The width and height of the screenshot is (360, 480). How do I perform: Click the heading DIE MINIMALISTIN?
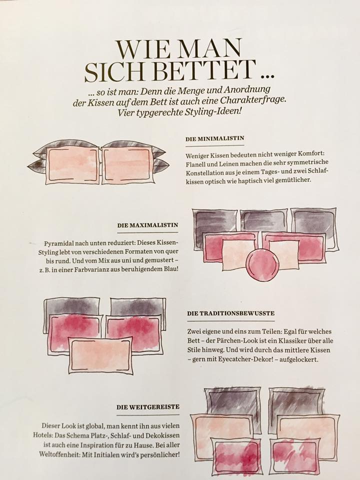click(x=214, y=138)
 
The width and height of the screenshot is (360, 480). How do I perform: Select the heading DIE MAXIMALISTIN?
click(x=148, y=225)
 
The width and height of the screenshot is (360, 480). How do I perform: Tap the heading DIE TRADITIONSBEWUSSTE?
click(x=231, y=313)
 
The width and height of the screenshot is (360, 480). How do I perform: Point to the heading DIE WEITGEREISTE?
click(x=148, y=407)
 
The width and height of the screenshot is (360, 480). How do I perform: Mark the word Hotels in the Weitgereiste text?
click(x=43, y=435)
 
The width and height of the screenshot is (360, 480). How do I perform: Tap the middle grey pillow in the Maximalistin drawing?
click(x=263, y=221)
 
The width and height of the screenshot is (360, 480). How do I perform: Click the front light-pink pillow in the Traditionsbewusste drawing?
click(x=100, y=355)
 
